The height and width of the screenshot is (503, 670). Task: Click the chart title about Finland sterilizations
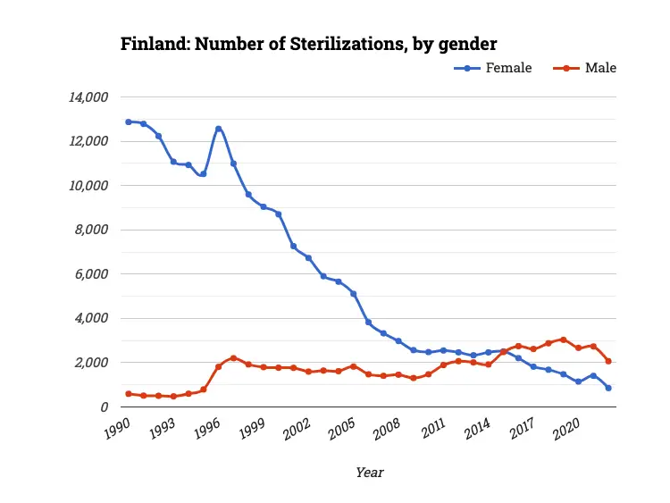(309, 44)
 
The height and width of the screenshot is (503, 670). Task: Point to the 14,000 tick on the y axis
(89, 96)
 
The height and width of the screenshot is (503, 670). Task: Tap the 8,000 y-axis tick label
(93, 230)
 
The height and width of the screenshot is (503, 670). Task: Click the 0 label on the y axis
(105, 407)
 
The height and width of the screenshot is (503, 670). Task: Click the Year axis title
(369, 472)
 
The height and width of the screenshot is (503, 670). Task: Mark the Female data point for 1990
(128, 122)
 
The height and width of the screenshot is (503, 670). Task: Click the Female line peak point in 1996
(218, 129)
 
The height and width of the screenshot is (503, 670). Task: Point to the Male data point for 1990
(128, 393)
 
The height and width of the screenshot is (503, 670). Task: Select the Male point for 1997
(233, 358)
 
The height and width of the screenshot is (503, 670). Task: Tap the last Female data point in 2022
(608, 388)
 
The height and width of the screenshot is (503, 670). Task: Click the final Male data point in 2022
(608, 361)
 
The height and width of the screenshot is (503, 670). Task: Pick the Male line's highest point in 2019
(563, 340)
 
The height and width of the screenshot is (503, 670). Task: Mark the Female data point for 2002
(308, 257)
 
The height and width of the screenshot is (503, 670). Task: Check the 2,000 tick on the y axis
(93, 363)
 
